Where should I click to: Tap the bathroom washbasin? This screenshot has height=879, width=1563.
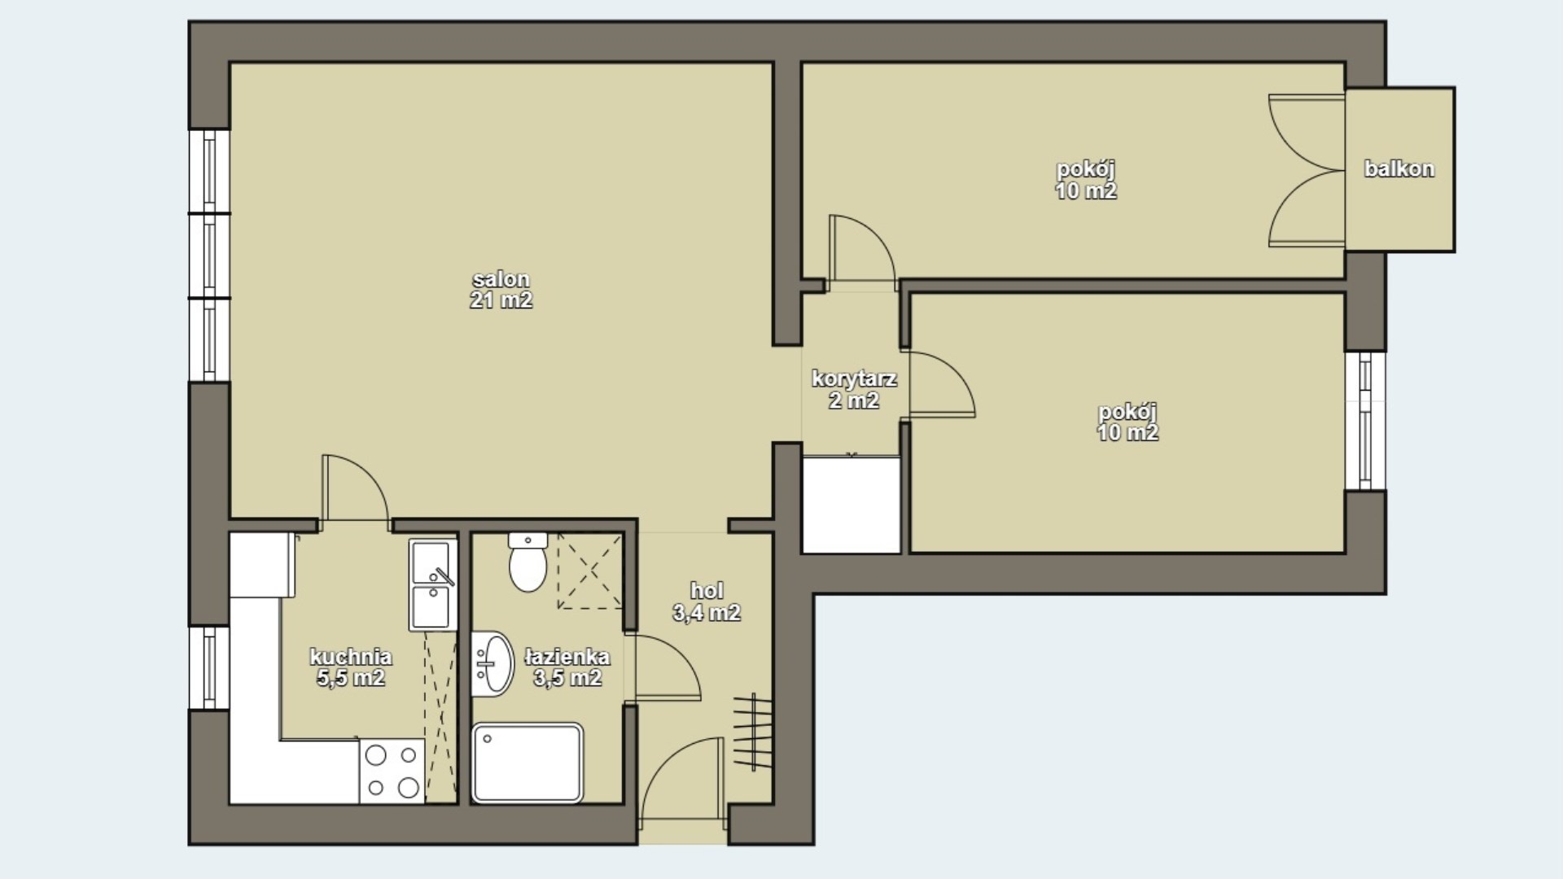click(493, 664)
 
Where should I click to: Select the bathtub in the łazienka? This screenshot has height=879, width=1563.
click(528, 762)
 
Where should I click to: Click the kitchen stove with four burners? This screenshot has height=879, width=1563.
click(392, 771)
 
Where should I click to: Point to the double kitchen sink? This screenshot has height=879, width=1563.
click(433, 584)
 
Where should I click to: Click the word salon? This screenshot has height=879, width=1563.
click(501, 279)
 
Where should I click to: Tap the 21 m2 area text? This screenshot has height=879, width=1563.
click(501, 300)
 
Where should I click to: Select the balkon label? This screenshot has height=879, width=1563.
click(1399, 169)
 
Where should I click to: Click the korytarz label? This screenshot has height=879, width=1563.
click(854, 378)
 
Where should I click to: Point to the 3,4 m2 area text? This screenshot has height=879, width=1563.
click(707, 613)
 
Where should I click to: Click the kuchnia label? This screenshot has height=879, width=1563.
click(351, 656)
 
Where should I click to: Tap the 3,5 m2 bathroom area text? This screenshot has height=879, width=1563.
click(567, 677)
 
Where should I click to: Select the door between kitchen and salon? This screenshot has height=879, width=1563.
click(356, 487)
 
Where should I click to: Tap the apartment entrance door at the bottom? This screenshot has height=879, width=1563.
click(682, 779)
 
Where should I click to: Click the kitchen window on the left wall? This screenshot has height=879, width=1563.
click(209, 667)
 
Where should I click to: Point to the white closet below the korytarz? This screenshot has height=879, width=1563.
click(852, 505)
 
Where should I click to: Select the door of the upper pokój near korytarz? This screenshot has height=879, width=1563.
click(862, 251)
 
